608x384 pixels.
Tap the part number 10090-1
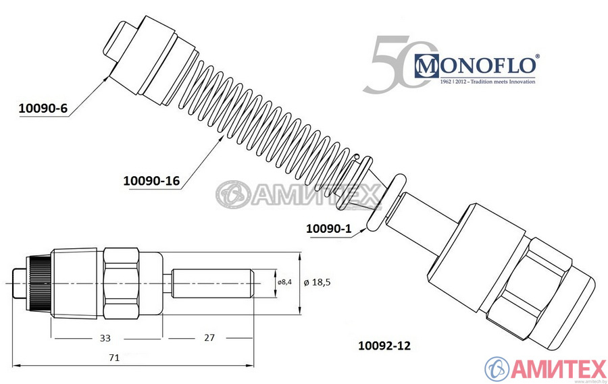(329, 229)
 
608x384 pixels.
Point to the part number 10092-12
(383, 345)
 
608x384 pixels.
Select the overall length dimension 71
(114, 357)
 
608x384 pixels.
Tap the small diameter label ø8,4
(284, 282)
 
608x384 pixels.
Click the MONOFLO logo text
(477, 65)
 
